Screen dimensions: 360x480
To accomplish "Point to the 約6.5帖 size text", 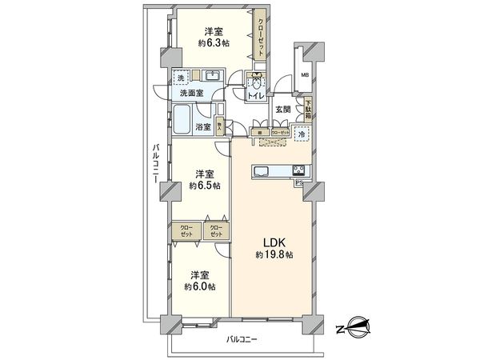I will pos(204,186).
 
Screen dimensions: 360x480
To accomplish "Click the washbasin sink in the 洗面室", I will pos(213,77).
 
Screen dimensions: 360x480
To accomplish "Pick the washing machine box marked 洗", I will pos(182,77).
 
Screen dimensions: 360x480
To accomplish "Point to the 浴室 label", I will pos(203,126).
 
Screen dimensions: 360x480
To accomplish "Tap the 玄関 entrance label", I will pos(284,109).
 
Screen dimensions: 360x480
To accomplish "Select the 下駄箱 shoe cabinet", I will pos(308,106).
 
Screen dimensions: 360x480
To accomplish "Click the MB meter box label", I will pos(305,77).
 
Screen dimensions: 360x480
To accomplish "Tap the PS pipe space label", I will pos(299,182).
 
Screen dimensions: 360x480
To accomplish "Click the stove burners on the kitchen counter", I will pos(297,170).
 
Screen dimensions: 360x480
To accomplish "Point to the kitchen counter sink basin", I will pos(263,170).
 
